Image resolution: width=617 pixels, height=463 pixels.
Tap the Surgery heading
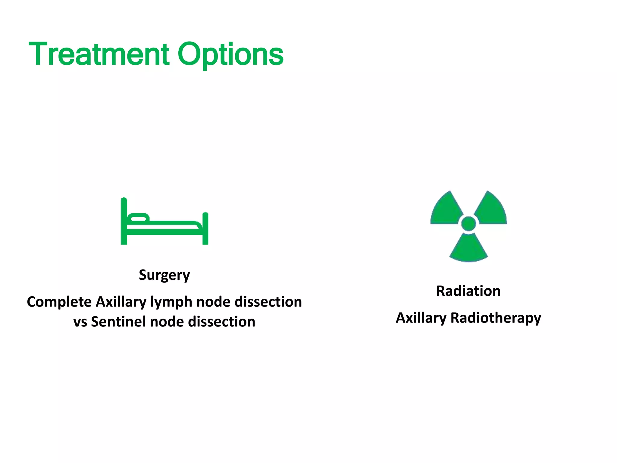pos(164,275)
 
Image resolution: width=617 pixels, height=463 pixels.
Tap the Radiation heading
pos(468,291)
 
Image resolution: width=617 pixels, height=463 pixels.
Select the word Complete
pos(59,302)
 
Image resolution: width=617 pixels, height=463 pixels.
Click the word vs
pos(80,322)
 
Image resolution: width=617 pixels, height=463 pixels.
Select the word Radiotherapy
pos(496,318)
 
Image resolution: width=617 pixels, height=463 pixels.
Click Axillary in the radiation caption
pos(421,318)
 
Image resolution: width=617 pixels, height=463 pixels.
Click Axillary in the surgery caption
pos(121,302)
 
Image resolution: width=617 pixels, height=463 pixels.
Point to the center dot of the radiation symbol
pos(468,224)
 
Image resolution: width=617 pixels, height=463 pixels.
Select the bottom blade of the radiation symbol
pos(468,249)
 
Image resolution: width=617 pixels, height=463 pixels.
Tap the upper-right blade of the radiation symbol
pos(491,209)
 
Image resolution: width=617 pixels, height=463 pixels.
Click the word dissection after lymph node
pos(268,302)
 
